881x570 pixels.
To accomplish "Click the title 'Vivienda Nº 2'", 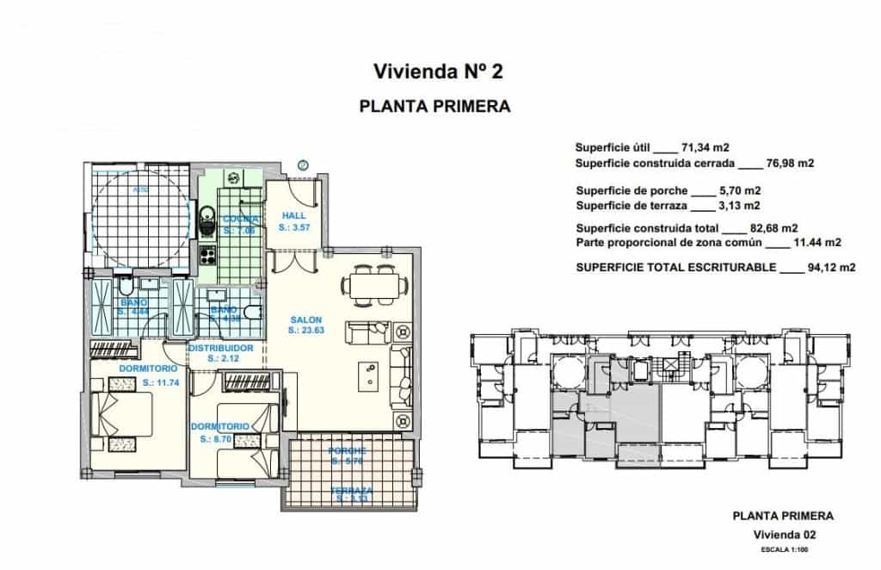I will (x=437, y=71).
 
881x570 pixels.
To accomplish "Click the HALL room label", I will (x=293, y=216).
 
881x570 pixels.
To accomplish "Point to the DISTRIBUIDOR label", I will (x=220, y=348).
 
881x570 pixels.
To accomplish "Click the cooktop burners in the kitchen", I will (x=206, y=255).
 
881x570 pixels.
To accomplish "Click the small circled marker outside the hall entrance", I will (x=303, y=164).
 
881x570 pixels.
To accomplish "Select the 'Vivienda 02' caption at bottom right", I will (x=782, y=535).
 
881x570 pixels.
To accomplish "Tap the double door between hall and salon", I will (x=293, y=251).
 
